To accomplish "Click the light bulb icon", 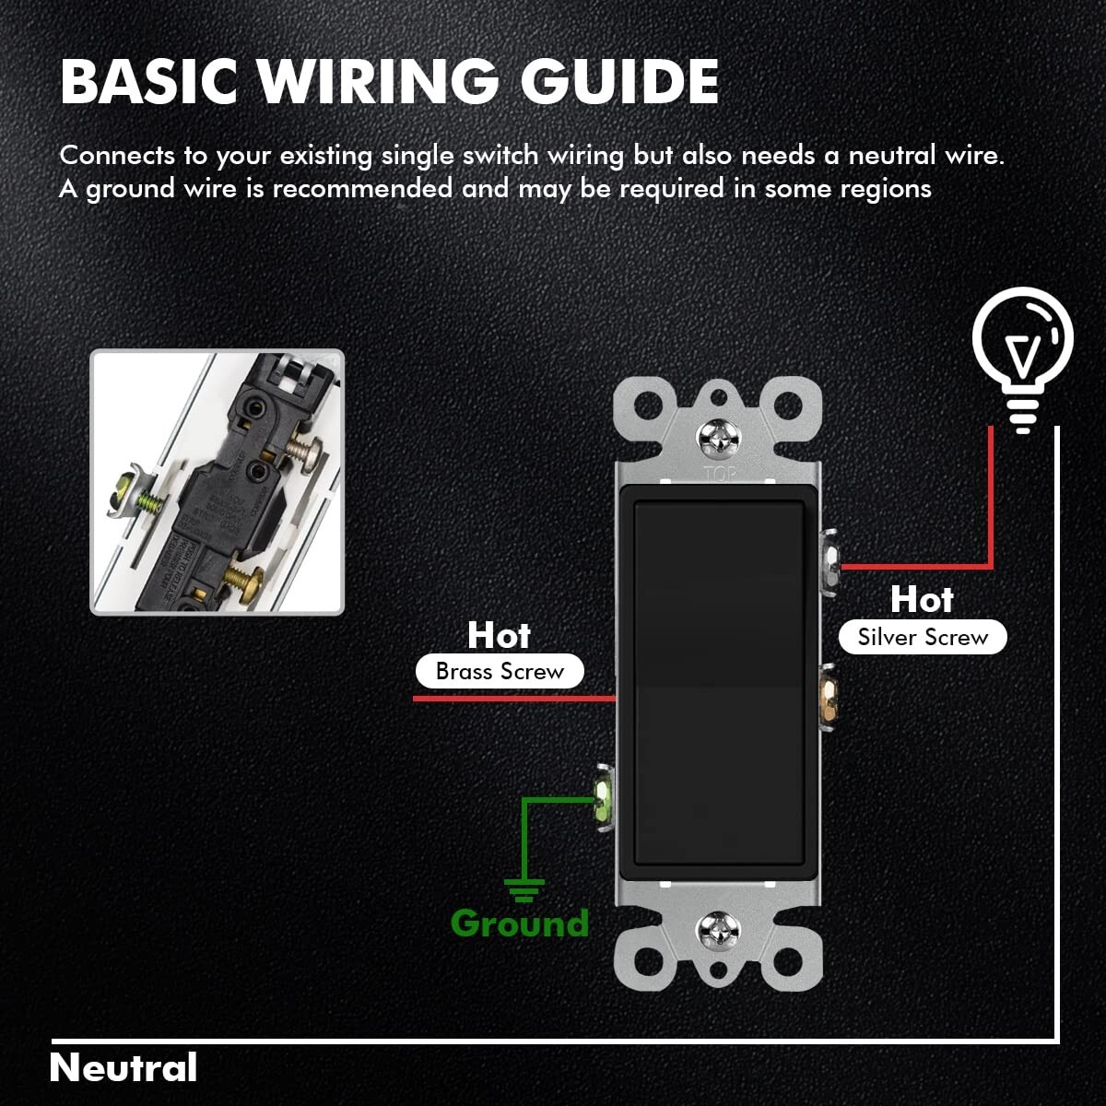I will pyautogui.click(x=1023, y=356).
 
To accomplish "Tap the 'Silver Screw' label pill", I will pyautogui.click(x=923, y=637).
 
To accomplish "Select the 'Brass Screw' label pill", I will pyautogui.click(x=500, y=671).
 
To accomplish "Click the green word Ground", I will pyautogui.click(x=520, y=923).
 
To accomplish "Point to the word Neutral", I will pyautogui.click(x=124, y=1067).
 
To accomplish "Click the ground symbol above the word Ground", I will pyautogui.click(x=524, y=889).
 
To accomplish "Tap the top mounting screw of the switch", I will pyautogui.click(x=718, y=439).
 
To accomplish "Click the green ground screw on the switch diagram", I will pyautogui.click(x=603, y=798).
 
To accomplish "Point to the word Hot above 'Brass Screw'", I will pyautogui.click(x=499, y=635).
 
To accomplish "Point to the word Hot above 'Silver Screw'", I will pyautogui.click(x=922, y=599).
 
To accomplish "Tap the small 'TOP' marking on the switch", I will pyautogui.click(x=718, y=474).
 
